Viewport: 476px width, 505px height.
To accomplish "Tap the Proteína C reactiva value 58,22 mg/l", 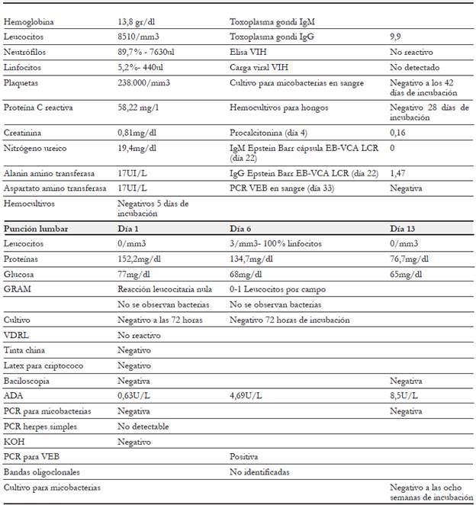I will tap(139, 108).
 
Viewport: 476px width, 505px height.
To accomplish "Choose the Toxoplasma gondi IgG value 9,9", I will tap(395, 37).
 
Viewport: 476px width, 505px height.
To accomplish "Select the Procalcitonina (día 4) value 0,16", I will tap(397, 133).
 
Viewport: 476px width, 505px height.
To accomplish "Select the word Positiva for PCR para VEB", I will tap(246, 457).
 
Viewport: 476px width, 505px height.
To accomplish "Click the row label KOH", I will tap(13, 442).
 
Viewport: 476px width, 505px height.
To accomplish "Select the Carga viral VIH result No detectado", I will tap(413, 67).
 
